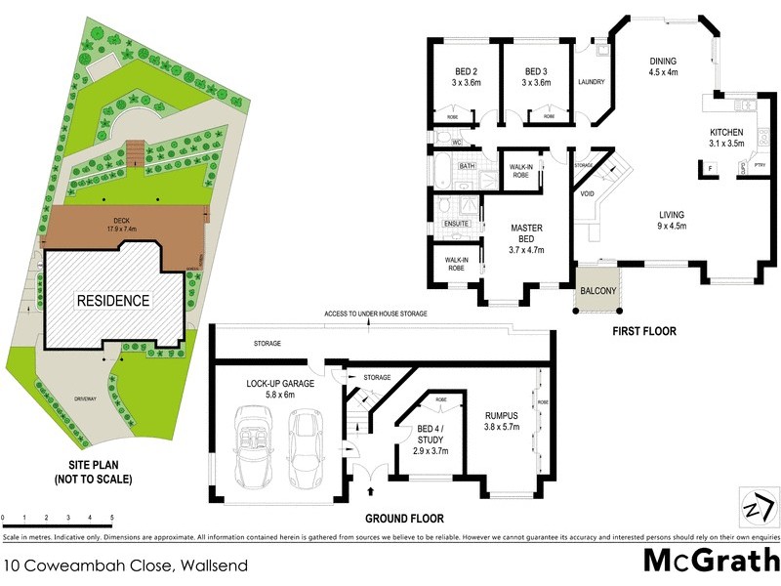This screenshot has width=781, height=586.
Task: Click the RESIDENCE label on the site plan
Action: tap(113, 301)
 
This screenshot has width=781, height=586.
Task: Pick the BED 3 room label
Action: tap(536, 77)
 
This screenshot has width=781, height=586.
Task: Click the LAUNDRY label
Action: tap(593, 82)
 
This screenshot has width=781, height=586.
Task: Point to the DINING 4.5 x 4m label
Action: tap(664, 66)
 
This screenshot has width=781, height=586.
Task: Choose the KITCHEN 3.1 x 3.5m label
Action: tap(726, 138)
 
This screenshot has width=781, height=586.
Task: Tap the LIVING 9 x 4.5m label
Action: tap(671, 220)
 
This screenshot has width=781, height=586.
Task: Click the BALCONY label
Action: tap(597, 291)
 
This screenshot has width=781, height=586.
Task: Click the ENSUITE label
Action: tap(457, 224)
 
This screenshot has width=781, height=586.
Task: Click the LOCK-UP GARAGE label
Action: tap(279, 390)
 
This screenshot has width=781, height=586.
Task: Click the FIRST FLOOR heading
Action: tap(644, 331)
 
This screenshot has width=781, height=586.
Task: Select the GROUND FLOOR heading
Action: tap(404, 519)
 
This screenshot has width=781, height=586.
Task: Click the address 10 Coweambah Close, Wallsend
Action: tap(126, 565)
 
